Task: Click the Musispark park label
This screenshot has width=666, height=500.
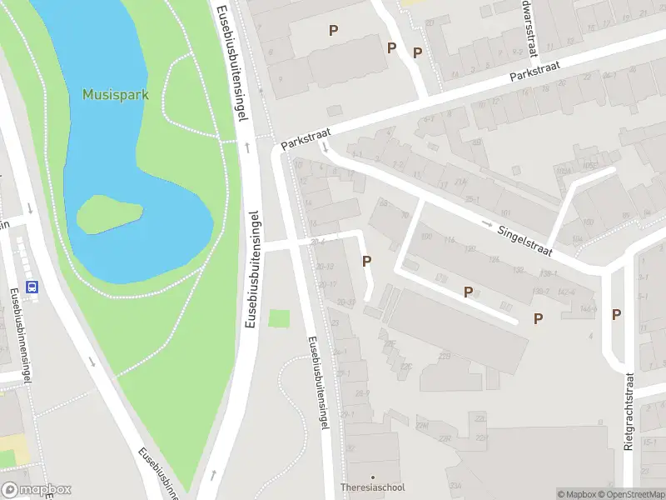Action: (x=115, y=94)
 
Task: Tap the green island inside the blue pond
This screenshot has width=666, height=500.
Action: (x=108, y=215)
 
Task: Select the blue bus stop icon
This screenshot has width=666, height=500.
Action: (x=32, y=287)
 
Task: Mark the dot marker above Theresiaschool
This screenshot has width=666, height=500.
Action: (x=372, y=477)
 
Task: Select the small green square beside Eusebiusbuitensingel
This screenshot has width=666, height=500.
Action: (x=280, y=318)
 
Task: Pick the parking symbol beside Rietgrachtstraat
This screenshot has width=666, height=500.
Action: (x=616, y=314)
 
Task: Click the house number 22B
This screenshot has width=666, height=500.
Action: (x=445, y=357)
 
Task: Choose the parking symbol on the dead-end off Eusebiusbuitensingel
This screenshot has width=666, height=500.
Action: (x=366, y=261)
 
